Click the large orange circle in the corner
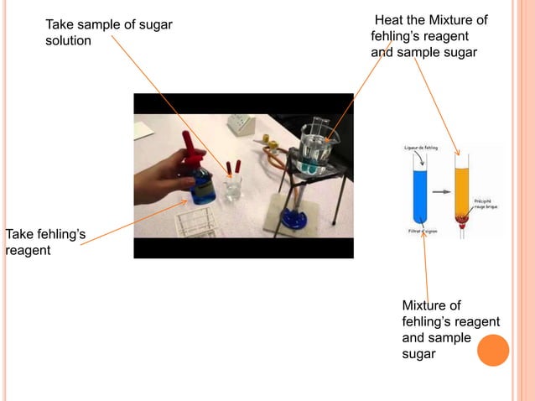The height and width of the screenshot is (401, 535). click(493, 350)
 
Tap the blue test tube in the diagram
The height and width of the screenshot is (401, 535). click(421, 192)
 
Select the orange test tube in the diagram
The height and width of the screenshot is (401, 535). click(460, 190)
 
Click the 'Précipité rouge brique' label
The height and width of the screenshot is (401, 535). click(486, 205)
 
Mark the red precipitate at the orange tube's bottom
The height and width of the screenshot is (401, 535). click(460, 222)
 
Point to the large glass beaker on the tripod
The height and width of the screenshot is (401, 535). click(316, 146)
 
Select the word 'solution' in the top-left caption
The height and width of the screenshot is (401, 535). click(68, 40)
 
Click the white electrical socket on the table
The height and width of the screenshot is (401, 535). click(241, 125)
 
